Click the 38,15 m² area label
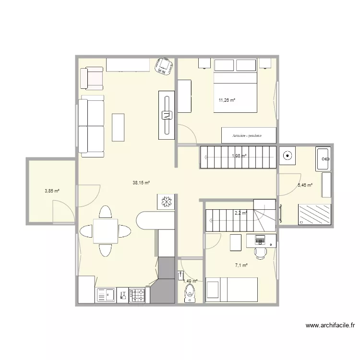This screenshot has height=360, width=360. coord(142,182)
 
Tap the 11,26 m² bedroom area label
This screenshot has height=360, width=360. coord(227,100)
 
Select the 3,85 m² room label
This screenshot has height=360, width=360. coord(52,191)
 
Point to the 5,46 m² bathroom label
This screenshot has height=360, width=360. coord(305,185)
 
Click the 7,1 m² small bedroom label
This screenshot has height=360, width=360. coord(241,265)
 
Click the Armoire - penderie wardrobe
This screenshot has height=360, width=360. coord(248,135)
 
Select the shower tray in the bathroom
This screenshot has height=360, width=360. coord(314,214)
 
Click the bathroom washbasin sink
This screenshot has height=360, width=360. coord(323,159)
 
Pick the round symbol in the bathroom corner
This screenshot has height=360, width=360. coord(288,156)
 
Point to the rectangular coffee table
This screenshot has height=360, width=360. coord(118,127)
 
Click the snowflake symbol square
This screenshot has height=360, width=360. coord(166,202)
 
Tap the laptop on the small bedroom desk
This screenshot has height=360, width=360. coord(260,239)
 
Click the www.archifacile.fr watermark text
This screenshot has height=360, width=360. coord(330,325)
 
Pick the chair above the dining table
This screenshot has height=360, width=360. coord(106,212)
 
